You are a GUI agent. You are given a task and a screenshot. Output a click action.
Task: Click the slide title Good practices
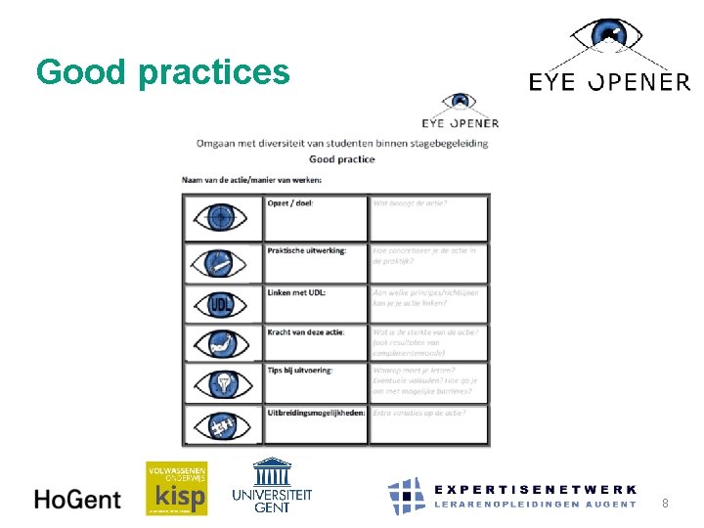(162, 71)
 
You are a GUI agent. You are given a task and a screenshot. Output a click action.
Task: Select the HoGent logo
(77, 499)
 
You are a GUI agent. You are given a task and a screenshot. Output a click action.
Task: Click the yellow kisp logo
(176, 488)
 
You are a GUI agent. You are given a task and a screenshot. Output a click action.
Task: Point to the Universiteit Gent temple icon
(271, 472)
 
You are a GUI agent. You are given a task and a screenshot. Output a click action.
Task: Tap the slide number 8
(665, 504)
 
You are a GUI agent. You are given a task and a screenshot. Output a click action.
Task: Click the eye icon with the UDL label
(222, 305)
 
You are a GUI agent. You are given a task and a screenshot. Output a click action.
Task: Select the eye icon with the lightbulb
(222, 383)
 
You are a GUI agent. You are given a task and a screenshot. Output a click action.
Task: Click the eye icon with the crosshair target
(222, 217)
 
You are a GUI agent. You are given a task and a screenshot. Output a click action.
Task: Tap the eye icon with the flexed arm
(222, 344)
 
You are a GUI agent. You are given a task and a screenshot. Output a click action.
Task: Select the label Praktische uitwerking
(306, 250)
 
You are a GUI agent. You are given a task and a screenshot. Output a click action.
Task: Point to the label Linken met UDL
(296, 292)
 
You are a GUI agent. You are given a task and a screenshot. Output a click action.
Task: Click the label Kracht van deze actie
(305, 332)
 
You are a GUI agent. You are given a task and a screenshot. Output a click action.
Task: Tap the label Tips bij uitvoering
(299, 370)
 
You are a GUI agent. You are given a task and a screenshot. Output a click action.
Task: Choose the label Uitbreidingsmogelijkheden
(316, 412)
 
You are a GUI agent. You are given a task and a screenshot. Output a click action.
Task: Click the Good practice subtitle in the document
(341, 159)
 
